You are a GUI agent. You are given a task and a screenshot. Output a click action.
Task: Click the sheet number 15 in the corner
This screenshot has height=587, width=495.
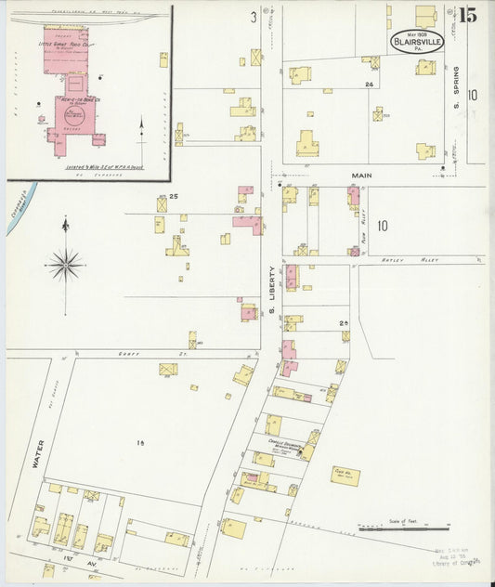pyautogui.click(x=467, y=15)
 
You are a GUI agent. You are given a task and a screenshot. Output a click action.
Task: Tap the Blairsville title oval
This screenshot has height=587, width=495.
pyautogui.click(x=417, y=42)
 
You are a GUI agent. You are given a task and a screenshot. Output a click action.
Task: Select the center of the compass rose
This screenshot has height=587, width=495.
pyautogui.click(x=65, y=265)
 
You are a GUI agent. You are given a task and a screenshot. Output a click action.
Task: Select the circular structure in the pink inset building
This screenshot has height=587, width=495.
pyautogui.click(x=73, y=117)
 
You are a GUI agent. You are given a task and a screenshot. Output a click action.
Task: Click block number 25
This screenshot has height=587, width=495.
pyautogui.click(x=174, y=196)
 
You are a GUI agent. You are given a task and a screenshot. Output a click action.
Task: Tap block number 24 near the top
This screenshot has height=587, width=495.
pyautogui.click(x=369, y=85)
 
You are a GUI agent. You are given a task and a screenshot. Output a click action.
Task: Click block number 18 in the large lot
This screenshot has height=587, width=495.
pyautogui.click(x=142, y=444)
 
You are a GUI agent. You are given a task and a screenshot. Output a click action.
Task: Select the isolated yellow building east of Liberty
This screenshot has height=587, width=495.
pyautogui.click(x=345, y=476)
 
